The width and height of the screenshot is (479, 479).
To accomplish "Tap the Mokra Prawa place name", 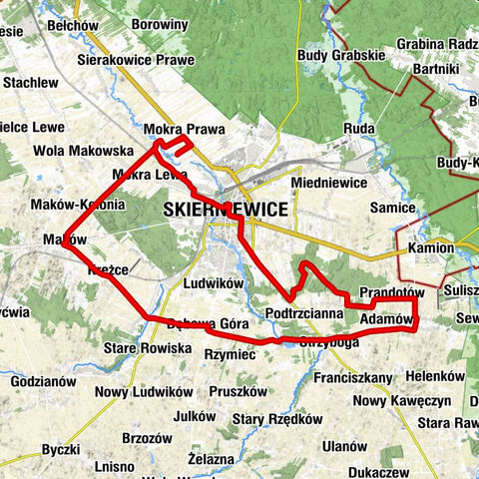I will click(x=184, y=130).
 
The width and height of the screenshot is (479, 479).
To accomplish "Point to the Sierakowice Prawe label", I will click(x=135, y=59).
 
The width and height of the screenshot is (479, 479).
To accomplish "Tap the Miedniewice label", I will click(x=326, y=184).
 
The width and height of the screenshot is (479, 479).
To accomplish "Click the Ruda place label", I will click(x=358, y=130).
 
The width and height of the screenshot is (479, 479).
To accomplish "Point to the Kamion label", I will click(x=431, y=246).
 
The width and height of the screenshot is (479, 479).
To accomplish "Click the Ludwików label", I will click(x=214, y=283).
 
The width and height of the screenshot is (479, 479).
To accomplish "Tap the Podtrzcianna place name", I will click(x=304, y=313).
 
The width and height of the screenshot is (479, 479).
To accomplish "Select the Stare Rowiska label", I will click(x=147, y=348).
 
